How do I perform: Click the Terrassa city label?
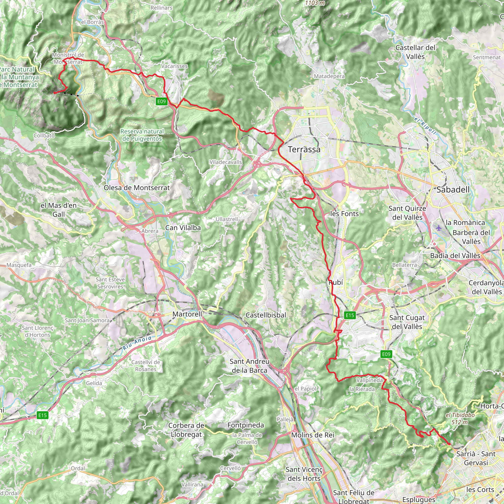(304, 149)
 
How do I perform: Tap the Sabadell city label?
(453, 190)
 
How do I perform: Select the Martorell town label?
(187, 314)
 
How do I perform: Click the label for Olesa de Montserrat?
(137, 188)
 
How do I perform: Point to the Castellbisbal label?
(266, 315)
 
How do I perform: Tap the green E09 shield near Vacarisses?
(161, 101)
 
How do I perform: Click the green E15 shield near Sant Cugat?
(350, 315)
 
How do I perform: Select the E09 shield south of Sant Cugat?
(386, 354)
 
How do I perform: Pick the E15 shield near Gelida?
(43, 415)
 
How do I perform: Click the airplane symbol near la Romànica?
(439, 228)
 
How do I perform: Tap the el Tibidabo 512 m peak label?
(460, 418)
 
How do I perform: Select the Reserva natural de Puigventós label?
(142, 135)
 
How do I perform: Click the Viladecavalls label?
(226, 162)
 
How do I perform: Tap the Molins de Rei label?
(313, 435)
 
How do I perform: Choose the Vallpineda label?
(369, 380)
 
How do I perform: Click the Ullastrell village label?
(227, 219)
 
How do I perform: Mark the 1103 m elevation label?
(315, 3)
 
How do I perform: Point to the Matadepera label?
(329, 76)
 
